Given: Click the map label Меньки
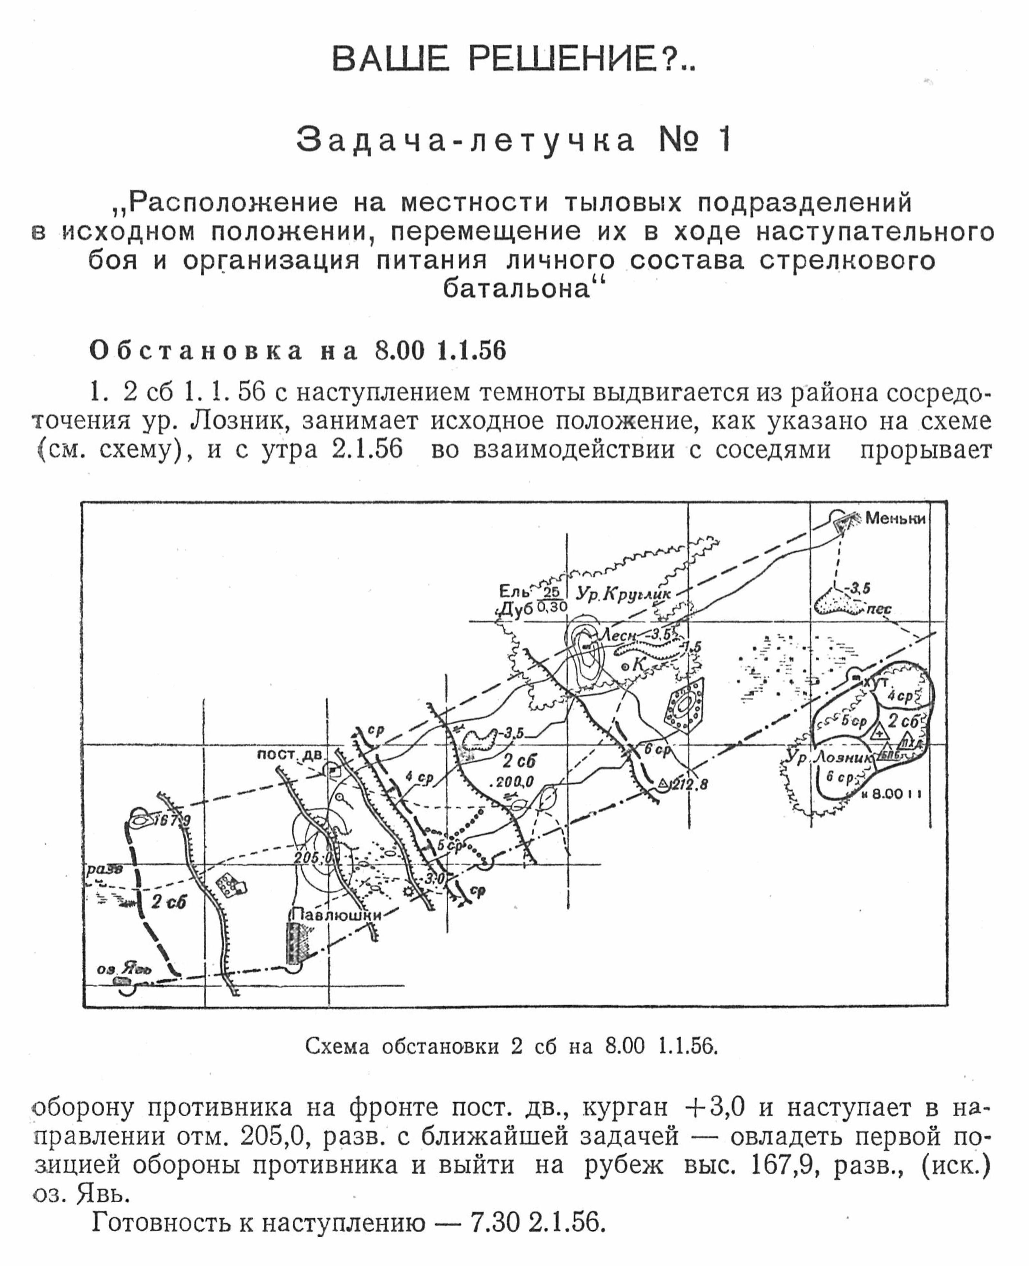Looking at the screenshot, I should point(895,518).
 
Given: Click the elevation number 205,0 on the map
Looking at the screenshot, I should point(313,858).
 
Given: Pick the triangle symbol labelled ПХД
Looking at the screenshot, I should point(907,741).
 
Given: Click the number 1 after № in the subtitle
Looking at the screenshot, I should point(724,141).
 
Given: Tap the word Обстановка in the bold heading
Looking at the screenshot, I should point(196,351).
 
